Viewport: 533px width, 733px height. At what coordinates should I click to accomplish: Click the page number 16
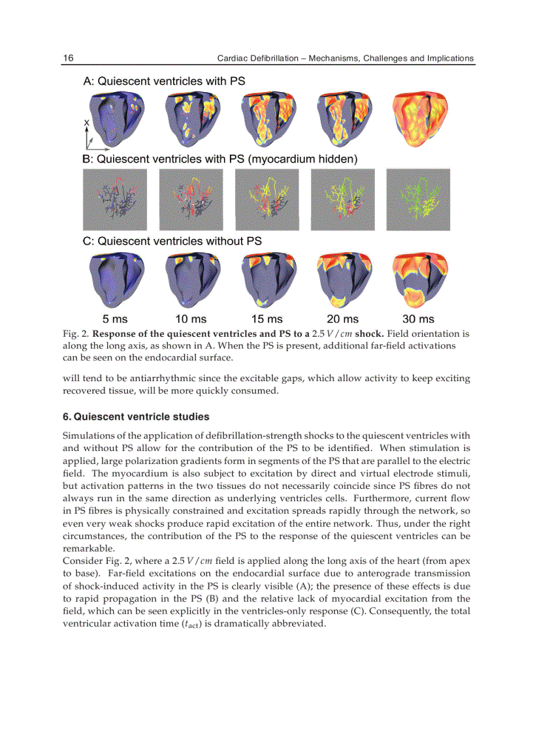click(x=68, y=58)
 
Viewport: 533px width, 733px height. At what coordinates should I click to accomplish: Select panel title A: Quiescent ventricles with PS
click(x=164, y=82)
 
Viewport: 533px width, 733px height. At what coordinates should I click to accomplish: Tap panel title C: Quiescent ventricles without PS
click(x=172, y=241)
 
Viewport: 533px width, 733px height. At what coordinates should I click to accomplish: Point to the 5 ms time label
click(x=115, y=319)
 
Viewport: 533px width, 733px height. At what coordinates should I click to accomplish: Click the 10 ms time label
click(x=191, y=319)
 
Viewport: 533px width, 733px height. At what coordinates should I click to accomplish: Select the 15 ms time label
click(x=267, y=319)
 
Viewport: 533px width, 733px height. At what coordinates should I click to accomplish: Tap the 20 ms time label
click(x=343, y=319)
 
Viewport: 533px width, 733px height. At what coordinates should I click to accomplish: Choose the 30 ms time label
click(x=418, y=319)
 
